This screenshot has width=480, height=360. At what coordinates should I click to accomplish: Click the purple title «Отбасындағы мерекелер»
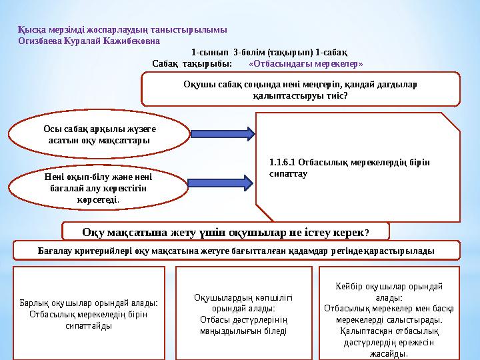(305, 64)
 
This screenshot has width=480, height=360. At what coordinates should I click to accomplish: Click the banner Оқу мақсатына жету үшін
(225, 232)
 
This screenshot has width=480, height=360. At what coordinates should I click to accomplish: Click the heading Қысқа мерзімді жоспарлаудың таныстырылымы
(122, 30)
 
